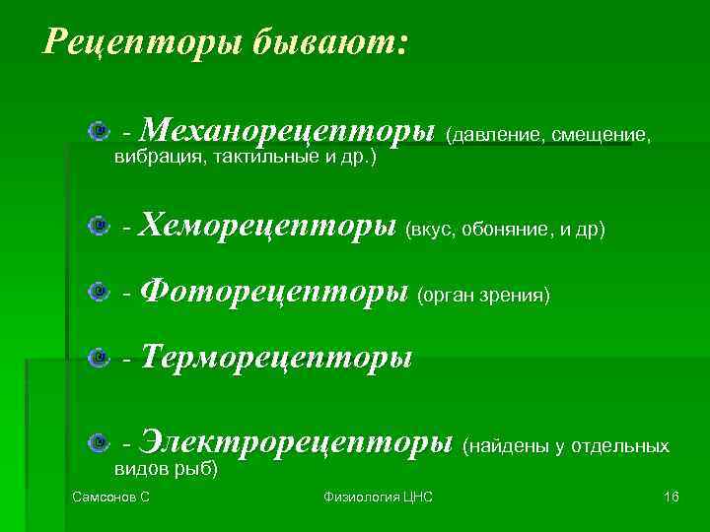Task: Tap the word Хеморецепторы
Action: [x=269, y=227]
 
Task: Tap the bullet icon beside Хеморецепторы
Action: [x=96, y=227]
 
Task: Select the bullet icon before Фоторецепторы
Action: [x=96, y=292]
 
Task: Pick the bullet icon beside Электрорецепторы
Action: [x=96, y=443]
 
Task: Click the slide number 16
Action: [x=672, y=498]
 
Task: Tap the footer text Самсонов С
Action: [x=111, y=498]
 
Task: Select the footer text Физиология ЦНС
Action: [x=378, y=498]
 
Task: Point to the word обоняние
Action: [x=506, y=230]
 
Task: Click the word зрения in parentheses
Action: [x=517, y=295]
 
